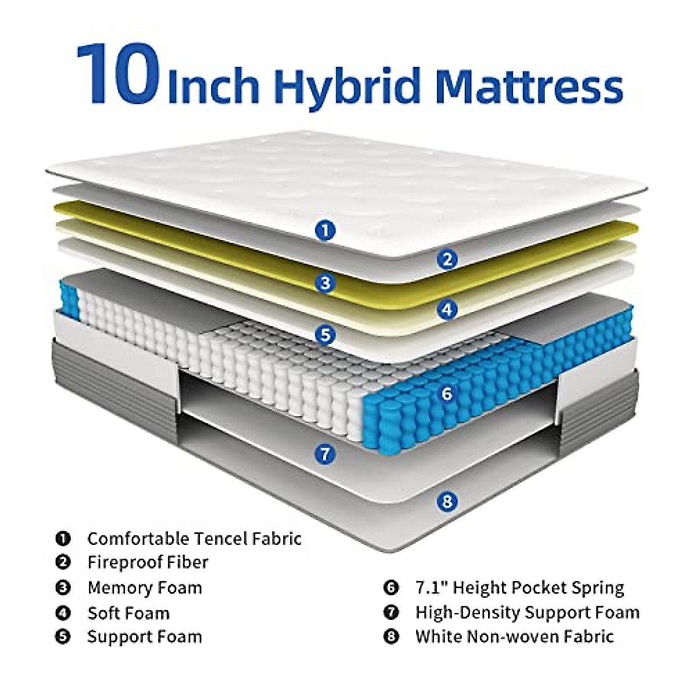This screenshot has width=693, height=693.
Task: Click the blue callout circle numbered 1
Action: pos(326,231)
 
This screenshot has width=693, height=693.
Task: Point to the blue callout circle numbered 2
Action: pos(447,259)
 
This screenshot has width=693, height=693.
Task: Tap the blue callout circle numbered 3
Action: pos(326,283)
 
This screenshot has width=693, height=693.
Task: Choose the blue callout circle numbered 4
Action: pos(447,310)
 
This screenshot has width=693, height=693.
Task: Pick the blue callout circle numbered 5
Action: pos(326,334)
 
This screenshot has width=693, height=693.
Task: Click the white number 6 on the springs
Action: pos(446,394)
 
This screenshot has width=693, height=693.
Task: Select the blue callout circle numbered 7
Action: pos(326,454)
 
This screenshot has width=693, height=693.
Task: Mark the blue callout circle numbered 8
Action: pos(447,500)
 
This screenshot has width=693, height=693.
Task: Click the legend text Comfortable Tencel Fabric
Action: pos(194,539)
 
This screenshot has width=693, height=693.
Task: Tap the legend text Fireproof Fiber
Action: pos(148,562)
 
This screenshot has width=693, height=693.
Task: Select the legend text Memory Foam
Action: pos(145,588)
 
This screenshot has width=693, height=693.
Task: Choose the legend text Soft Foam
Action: pos(128,613)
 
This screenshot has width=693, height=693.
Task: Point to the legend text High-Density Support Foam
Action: pos(527,612)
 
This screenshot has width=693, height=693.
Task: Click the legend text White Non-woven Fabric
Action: pos(514,637)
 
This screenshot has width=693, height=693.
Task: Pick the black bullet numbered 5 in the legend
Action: pos(63,638)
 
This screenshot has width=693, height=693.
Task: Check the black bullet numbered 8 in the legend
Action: pos(391,638)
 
